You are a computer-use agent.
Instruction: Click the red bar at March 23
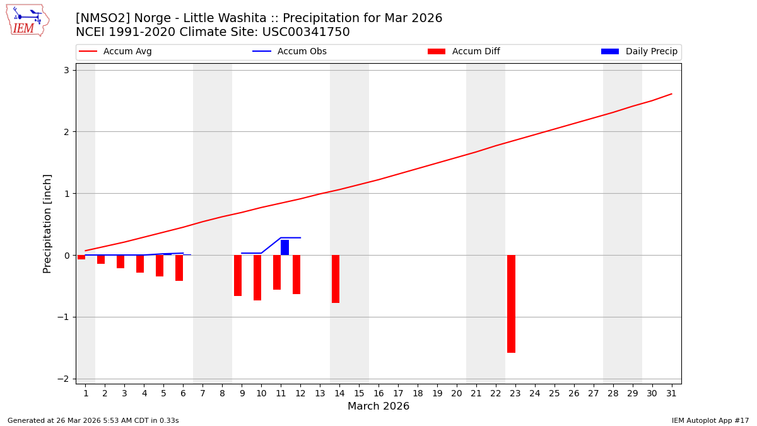511,304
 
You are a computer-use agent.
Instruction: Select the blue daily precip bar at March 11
285,247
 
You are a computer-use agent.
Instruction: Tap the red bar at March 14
336,279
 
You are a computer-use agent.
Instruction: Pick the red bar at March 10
257,278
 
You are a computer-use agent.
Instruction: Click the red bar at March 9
238,275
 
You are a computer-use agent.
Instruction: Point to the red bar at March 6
179,268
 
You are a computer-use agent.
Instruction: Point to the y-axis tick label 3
66,70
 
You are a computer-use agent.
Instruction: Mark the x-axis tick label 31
671,394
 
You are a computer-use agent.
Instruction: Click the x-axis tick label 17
398,394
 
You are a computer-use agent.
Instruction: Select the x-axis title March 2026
378,407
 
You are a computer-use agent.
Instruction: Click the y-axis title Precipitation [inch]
47,223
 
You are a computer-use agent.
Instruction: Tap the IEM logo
27,20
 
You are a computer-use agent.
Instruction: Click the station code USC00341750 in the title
305,32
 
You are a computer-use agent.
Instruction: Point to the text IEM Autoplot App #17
710,420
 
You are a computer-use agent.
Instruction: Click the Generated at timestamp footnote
93,420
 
